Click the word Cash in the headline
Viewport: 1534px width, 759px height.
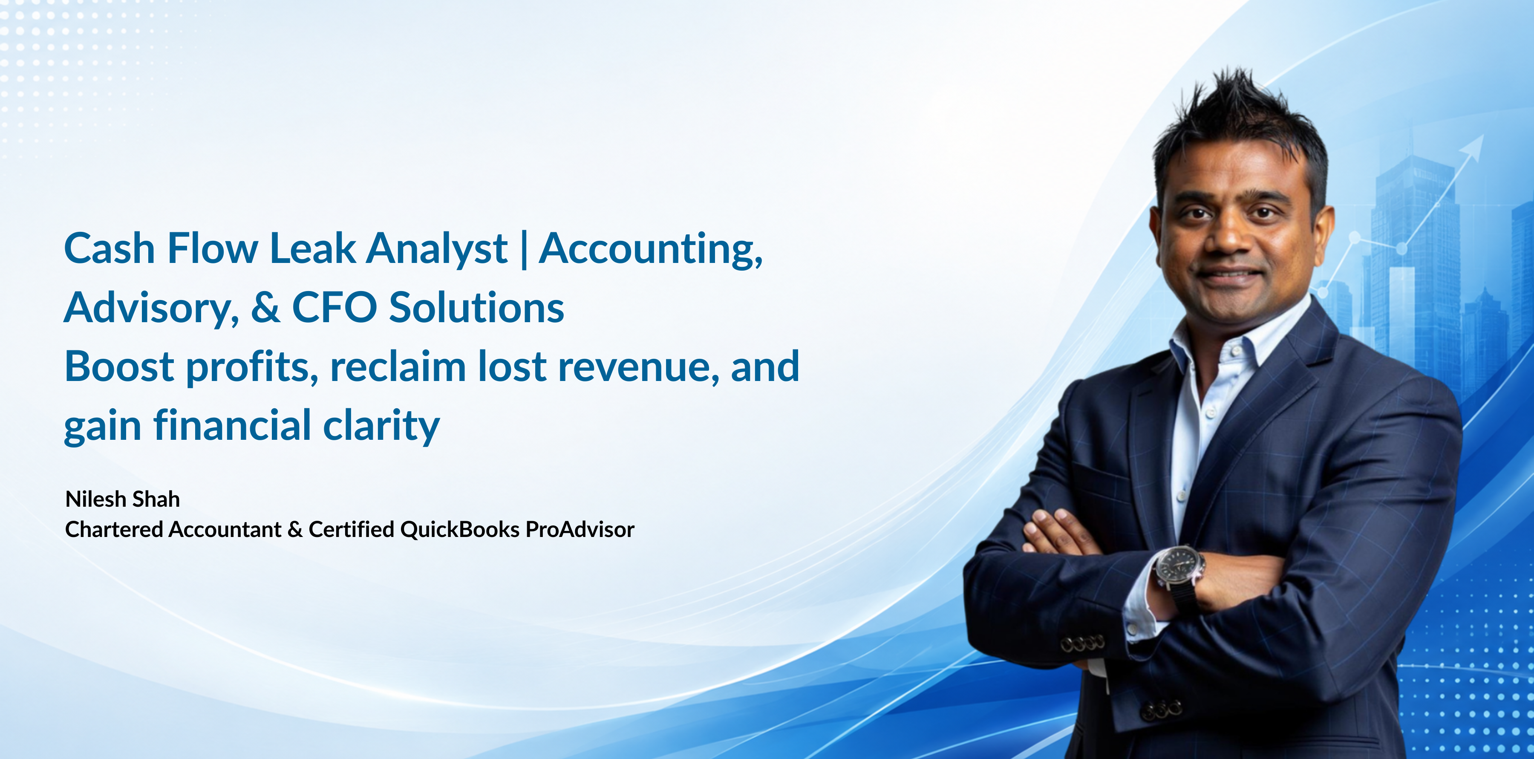[x=110, y=248]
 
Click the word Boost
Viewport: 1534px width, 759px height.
[x=119, y=367]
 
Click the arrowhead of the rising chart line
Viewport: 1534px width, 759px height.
[x=1474, y=146]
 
